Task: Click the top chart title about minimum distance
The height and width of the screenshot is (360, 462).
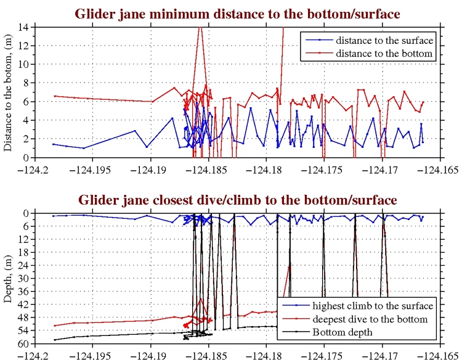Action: click(x=237, y=14)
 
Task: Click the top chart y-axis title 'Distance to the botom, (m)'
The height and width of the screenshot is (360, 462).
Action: click(x=9, y=92)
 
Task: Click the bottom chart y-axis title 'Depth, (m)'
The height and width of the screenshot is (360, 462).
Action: click(x=9, y=278)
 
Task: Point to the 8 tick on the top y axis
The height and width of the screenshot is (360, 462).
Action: click(x=28, y=83)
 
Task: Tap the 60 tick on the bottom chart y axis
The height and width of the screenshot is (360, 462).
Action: click(x=25, y=343)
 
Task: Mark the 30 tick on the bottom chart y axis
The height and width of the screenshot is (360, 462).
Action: click(x=25, y=278)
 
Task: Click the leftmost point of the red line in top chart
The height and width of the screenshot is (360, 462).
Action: click(x=54, y=96)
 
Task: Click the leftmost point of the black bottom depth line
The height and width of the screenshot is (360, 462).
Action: click(x=54, y=340)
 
